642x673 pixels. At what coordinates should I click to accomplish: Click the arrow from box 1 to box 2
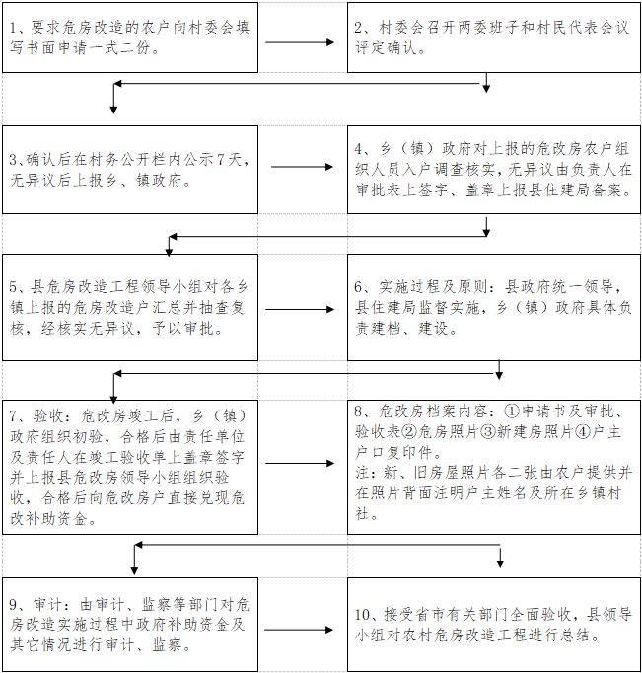(300, 42)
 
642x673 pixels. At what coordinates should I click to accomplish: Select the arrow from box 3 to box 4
(303, 167)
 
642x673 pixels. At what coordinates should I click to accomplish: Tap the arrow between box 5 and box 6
(300, 309)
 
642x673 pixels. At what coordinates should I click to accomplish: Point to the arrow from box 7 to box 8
(300, 463)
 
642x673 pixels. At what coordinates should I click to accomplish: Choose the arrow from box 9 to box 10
(299, 630)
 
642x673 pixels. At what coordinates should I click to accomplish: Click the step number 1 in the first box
(14, 28)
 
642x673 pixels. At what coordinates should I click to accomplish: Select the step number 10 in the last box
(363, 615)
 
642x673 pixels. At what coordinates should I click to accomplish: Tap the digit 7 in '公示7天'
(220, 160)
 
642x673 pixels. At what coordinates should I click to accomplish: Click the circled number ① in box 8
(512, 411)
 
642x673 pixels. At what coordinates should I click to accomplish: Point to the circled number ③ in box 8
(488, 432)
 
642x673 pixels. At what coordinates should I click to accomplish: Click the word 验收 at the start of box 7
(48, 415)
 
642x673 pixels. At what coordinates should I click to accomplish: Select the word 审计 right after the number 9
(48, 604)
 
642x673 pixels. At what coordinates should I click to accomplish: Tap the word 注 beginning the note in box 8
(362, 472)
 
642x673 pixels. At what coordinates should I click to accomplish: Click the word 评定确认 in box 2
(386, 48)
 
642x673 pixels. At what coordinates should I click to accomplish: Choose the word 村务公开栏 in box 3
(128, 160)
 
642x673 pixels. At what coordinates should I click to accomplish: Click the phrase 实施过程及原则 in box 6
(432, 287)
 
